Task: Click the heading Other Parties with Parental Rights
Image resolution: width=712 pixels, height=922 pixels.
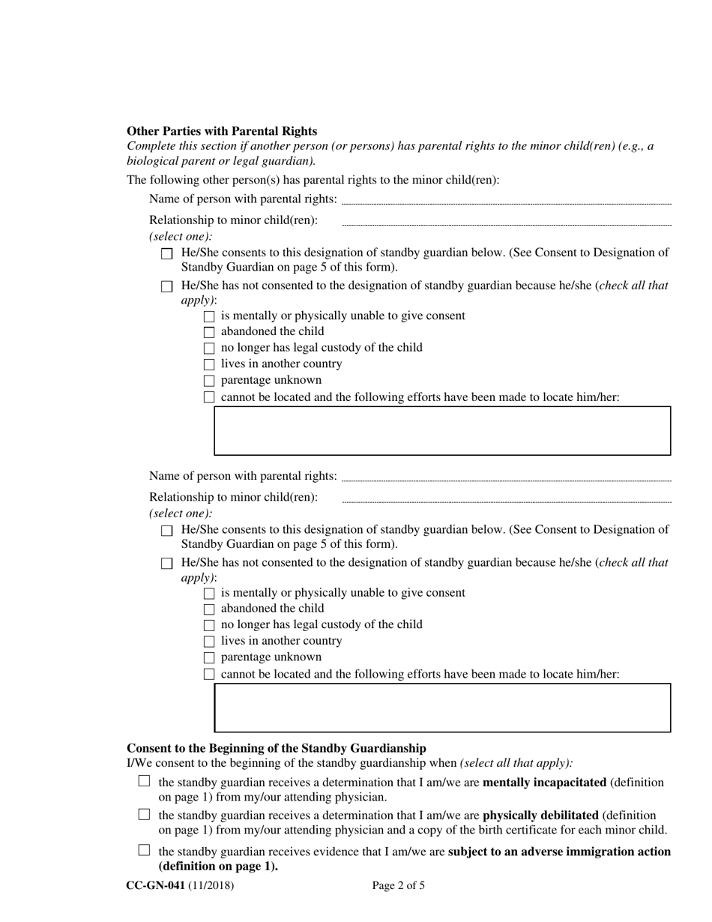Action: point(222,131)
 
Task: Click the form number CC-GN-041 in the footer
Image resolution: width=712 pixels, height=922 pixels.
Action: point(155,886)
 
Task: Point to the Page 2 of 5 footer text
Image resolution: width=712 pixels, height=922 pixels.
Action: point(398,886)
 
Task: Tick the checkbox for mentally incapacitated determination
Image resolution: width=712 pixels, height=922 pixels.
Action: point(145,782)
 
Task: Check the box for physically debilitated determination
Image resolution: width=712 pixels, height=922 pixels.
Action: point(145,815)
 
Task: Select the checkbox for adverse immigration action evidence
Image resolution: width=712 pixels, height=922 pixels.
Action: point(145,851)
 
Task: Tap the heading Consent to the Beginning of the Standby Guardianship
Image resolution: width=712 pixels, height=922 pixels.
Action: point(277,748)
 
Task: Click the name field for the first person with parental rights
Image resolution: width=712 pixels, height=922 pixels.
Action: point(506,200)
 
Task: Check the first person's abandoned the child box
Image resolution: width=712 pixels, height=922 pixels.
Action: point(209,332)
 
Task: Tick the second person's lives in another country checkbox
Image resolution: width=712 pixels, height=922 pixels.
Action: point(209,642)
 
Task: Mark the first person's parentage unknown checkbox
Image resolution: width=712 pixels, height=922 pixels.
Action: point(209,381)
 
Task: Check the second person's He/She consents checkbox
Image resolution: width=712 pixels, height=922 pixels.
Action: point(167,531)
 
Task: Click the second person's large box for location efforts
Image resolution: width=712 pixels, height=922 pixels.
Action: point(442,708)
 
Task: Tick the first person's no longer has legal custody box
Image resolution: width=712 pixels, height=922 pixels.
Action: point(209,349)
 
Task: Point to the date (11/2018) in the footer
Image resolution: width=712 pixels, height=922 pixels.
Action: point(211,886)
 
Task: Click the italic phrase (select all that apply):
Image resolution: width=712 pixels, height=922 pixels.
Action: point(516,764)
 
